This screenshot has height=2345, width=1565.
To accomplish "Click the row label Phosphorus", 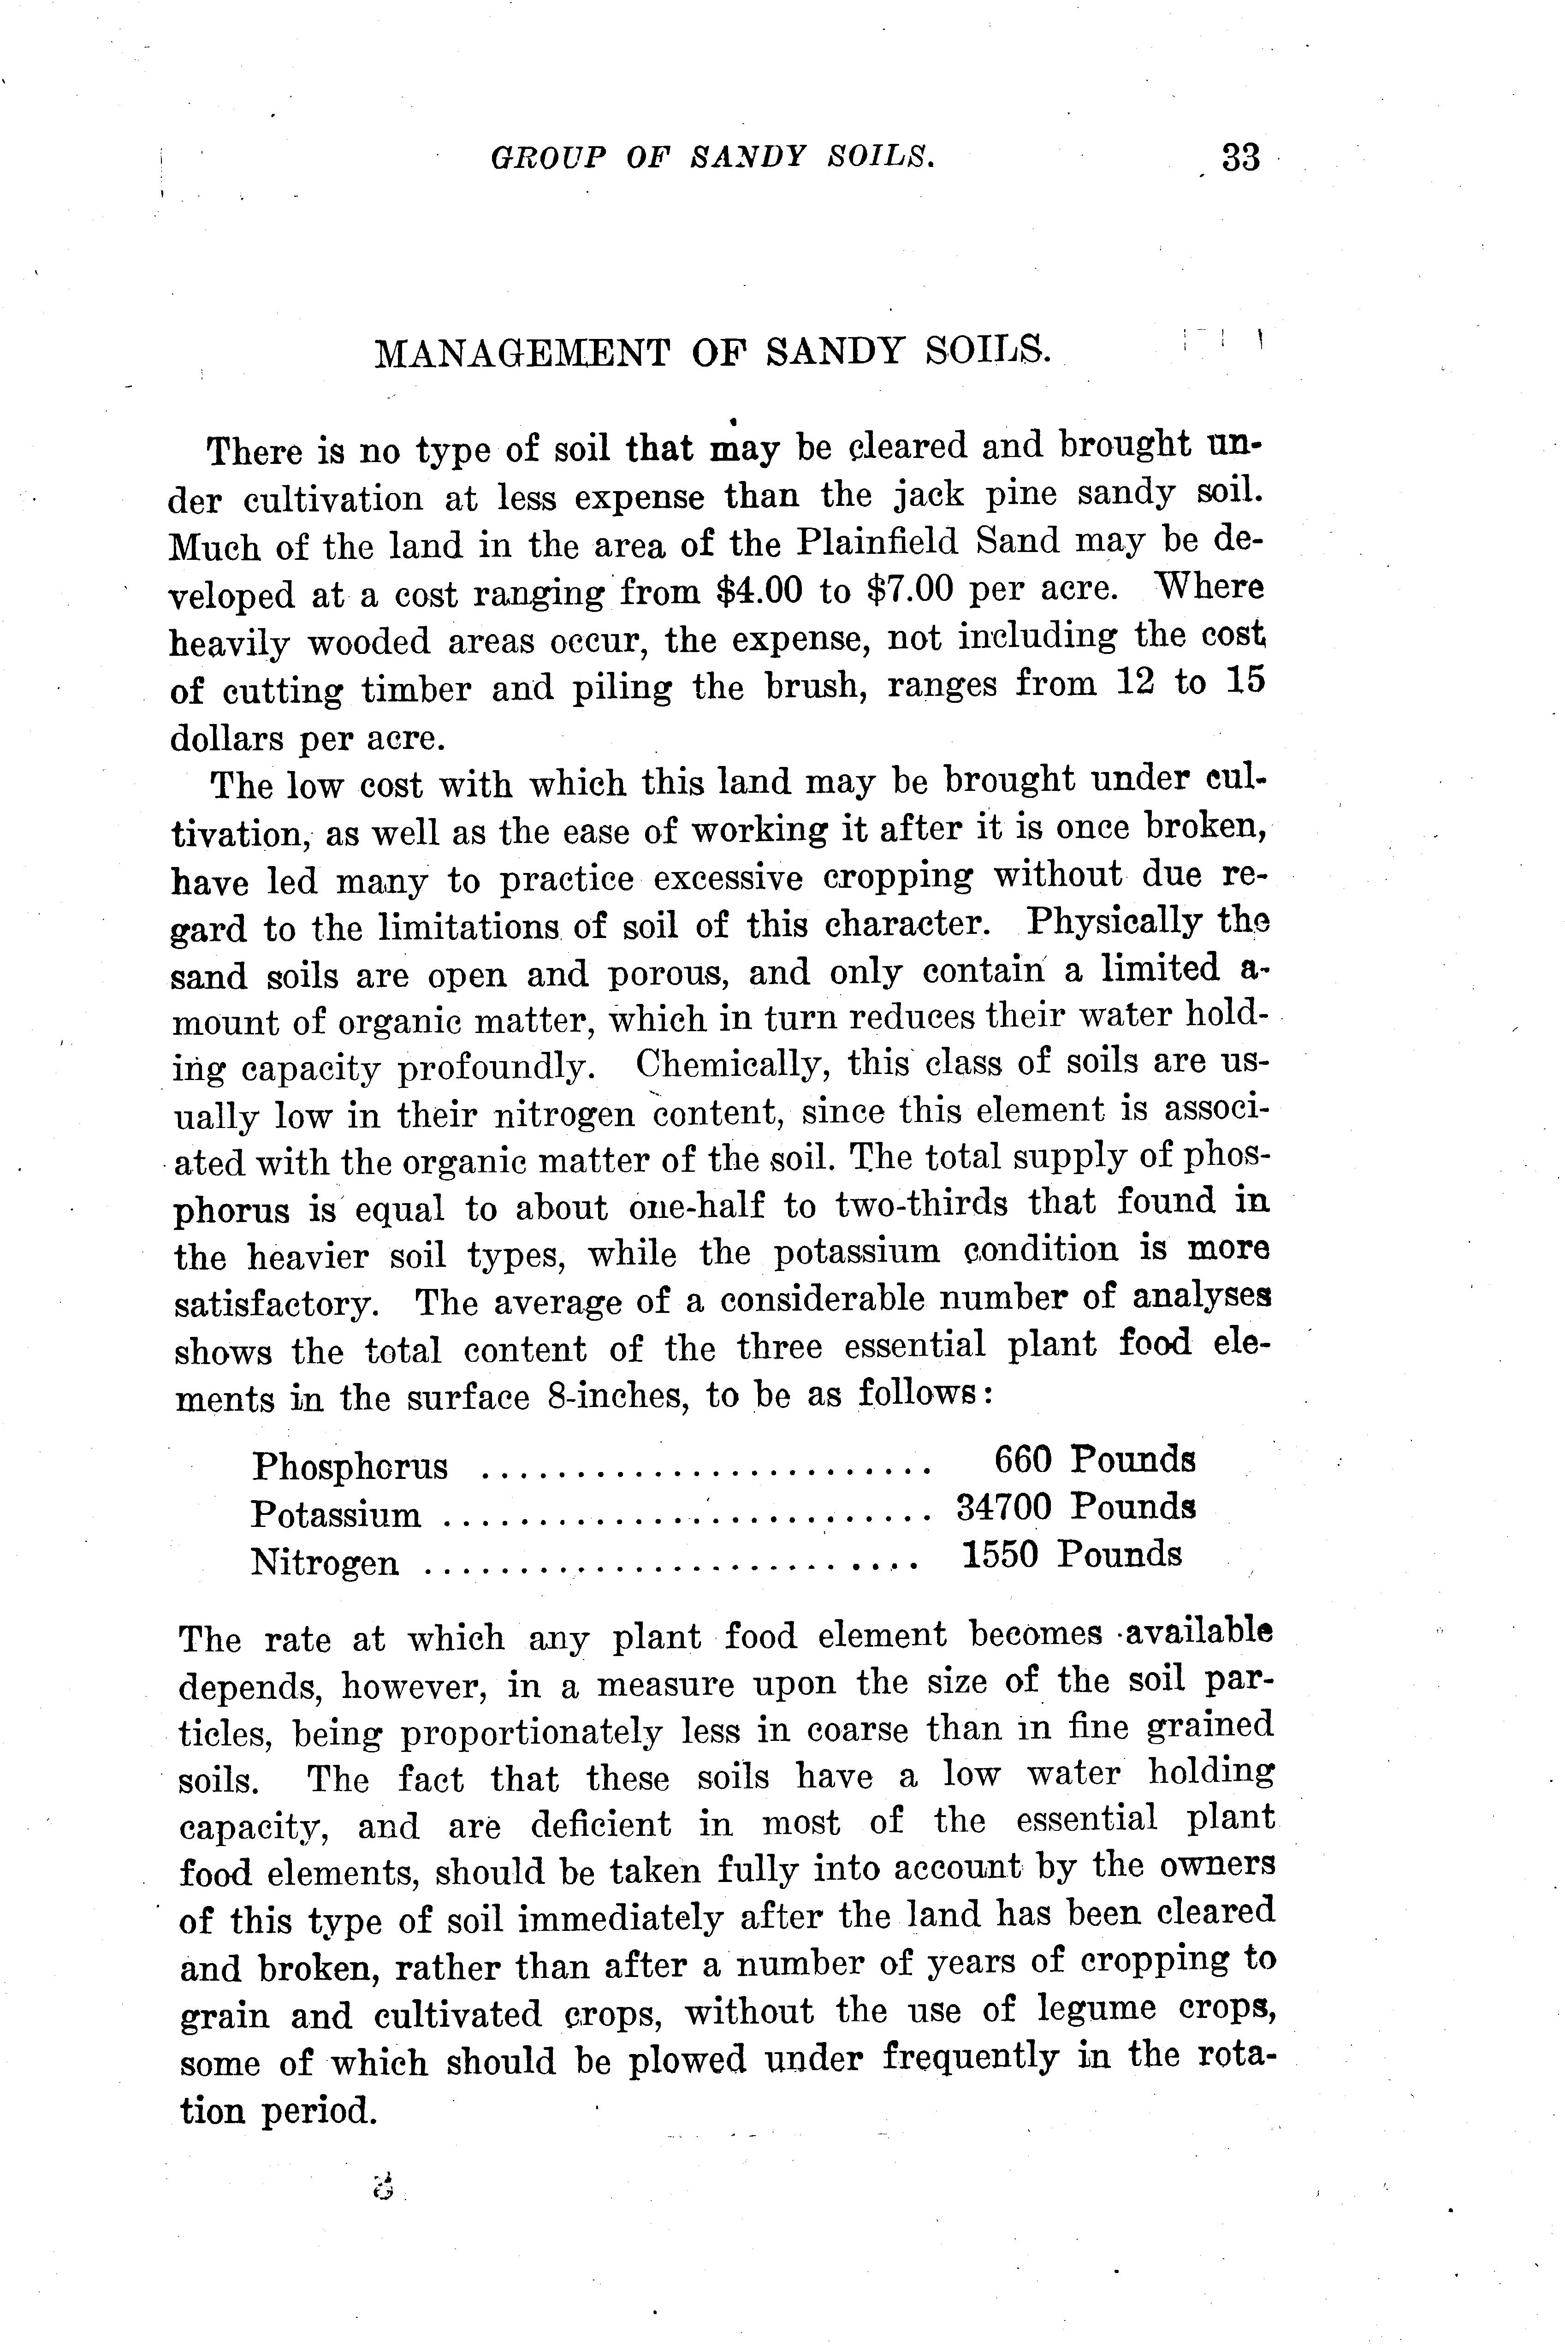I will coord(350,1466).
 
